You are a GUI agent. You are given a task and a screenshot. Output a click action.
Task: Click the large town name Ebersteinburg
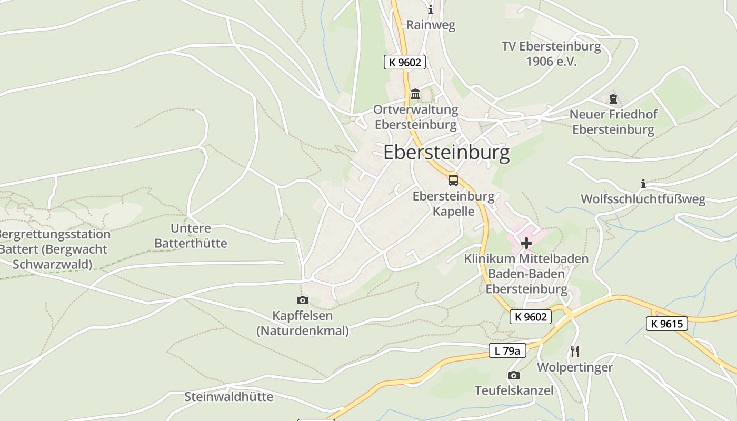[x=446, y=153]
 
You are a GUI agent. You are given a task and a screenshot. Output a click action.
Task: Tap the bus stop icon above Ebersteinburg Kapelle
[x=453, y=181]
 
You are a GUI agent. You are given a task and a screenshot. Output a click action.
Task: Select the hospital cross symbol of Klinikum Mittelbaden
[x=526, y=243]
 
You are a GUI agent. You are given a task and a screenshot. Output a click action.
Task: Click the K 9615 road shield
[x=667, y=324]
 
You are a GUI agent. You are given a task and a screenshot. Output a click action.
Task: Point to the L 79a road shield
[x=507, y=350]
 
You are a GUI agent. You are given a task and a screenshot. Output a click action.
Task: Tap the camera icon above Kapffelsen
[x=302, y=300]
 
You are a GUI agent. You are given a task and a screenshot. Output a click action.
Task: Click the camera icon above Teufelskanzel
[x=513, y=376]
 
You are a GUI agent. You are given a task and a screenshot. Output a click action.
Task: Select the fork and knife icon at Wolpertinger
[x=575, y=351]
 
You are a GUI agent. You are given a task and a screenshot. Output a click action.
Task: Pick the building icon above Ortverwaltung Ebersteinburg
[x=415, y=94]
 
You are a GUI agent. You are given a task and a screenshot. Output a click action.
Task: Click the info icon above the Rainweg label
[x=431, y=9]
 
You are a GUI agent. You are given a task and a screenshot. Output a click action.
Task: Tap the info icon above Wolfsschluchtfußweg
[x=643, y=184]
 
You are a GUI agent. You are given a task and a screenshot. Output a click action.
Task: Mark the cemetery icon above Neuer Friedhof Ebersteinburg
[x=613, y=98]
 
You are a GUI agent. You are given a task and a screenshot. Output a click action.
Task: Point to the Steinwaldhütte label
[x=228, y=397]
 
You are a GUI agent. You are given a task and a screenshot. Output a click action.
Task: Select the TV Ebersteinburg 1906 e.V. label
[x=551, y=54]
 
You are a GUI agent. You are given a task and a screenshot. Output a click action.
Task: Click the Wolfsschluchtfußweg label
[x=643, y=199]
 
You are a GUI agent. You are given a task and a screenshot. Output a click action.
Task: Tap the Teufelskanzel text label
[x=514, y=390]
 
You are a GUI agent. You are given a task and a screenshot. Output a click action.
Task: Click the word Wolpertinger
[x=575, y=367]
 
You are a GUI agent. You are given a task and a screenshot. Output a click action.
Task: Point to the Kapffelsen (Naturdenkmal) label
[x=302, y=323]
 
